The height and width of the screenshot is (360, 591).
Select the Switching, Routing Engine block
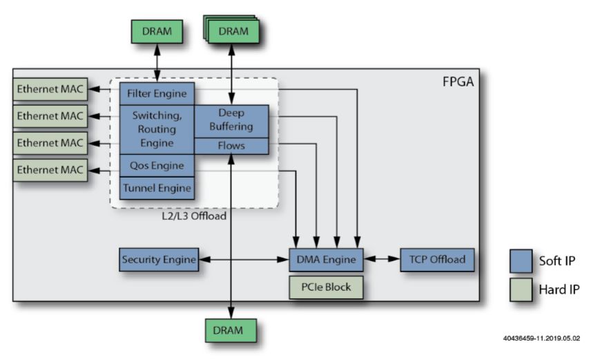(157, 129)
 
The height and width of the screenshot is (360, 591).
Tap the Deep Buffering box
(231, 120)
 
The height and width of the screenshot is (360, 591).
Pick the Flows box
(231, 146)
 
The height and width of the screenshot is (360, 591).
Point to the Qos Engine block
(157, 166)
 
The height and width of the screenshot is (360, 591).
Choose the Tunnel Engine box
(157, 187)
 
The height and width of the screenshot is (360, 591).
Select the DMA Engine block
(325, 260)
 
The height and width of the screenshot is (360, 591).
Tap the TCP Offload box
(437, 260)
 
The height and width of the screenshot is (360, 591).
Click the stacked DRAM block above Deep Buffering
(233, 32)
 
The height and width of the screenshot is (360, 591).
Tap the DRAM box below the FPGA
(231, 330)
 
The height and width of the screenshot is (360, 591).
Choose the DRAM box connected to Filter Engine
(158, 32)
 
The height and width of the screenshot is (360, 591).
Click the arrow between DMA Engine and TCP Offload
(381, 260)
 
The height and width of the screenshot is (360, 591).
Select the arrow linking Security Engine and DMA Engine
(242, 260)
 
